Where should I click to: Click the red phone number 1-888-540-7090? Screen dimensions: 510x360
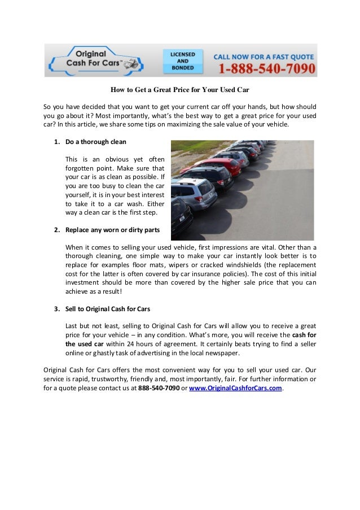(x=265, y=69)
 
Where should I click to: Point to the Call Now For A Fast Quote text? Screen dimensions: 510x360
(x=264, y=55)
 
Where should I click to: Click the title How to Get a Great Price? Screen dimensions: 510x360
(x=179, y=90)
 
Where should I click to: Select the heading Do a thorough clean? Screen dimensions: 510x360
(x=96, y=141)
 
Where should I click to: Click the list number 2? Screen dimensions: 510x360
(x=57, y=230)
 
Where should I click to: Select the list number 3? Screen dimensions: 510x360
(x=57, y=310)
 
